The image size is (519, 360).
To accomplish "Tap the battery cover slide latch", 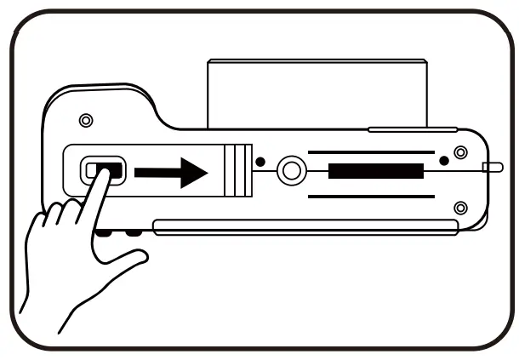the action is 102,170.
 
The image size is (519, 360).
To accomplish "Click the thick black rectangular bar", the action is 375,171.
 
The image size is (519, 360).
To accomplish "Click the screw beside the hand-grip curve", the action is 85,120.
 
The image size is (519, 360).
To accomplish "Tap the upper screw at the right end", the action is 460,152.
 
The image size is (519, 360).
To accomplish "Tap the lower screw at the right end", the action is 460,208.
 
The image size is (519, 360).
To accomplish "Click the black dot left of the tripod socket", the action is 260,162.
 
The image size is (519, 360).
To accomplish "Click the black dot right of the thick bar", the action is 443,160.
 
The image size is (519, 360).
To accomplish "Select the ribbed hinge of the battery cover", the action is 239,171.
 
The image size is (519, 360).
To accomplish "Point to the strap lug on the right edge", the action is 492,167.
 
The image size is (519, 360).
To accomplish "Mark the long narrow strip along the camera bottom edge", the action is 306,226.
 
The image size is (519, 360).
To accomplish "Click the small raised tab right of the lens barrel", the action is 400,129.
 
